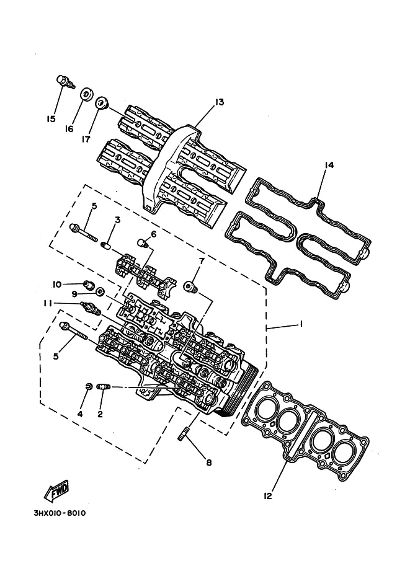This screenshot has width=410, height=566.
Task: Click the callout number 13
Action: [220, 102]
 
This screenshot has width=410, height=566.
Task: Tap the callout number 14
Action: [329, 165]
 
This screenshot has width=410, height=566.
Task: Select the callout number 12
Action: [267, 496]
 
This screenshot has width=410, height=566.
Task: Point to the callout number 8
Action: [209, 462]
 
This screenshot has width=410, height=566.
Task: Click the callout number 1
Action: [301, 324]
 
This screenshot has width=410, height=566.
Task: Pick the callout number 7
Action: [202, 260]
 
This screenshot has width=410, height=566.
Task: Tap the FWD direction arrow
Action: [56, 491]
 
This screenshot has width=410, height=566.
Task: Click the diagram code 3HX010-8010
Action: [60, 513]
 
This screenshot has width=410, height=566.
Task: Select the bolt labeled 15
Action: [65, 82]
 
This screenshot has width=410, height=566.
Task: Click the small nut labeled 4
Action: [87, 387]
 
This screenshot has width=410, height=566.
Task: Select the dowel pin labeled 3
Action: [106, 246]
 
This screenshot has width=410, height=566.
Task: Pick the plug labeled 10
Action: [89, 285]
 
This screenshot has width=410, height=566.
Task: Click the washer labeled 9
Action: [100, 291]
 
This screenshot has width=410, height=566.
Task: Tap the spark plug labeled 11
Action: [92, 308]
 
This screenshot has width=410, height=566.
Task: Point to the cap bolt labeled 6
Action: [144, 243]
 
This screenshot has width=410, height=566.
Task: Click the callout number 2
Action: [100, 414]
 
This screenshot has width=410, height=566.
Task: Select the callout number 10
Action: [56, 285]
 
